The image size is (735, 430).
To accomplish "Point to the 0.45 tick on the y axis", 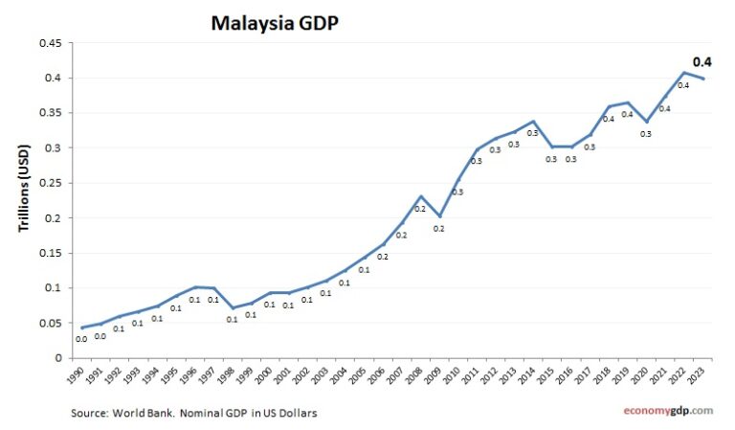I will pyautogui.click(x=49, y=43).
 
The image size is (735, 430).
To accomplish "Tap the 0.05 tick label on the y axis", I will pyautogui.click(x=49, y=323).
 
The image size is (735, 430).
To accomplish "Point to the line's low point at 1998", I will pyautogui.click(x=233, y=308).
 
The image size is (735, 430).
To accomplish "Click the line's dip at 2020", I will pyautogui.click(x=647, y=123).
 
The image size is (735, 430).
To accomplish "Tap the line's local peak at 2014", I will pyautogui.click(x=534, y=122).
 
